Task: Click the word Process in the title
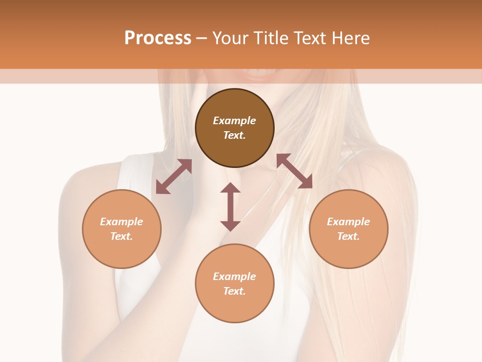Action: coord(158,38)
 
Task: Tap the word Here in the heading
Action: coord(350,38)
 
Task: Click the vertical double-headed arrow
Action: coord(230,207)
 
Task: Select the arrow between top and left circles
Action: coord(174,176)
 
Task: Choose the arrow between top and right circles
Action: coord(294,171)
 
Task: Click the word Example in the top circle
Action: coord(234,121)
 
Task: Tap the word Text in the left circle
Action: coord(122,236)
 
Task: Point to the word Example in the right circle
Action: coord(348,222)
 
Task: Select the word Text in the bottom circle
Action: coord(234,291)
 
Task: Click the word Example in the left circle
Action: coord(122,222)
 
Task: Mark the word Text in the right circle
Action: coord(348,236)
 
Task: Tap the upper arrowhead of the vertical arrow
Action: coord(230,188)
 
